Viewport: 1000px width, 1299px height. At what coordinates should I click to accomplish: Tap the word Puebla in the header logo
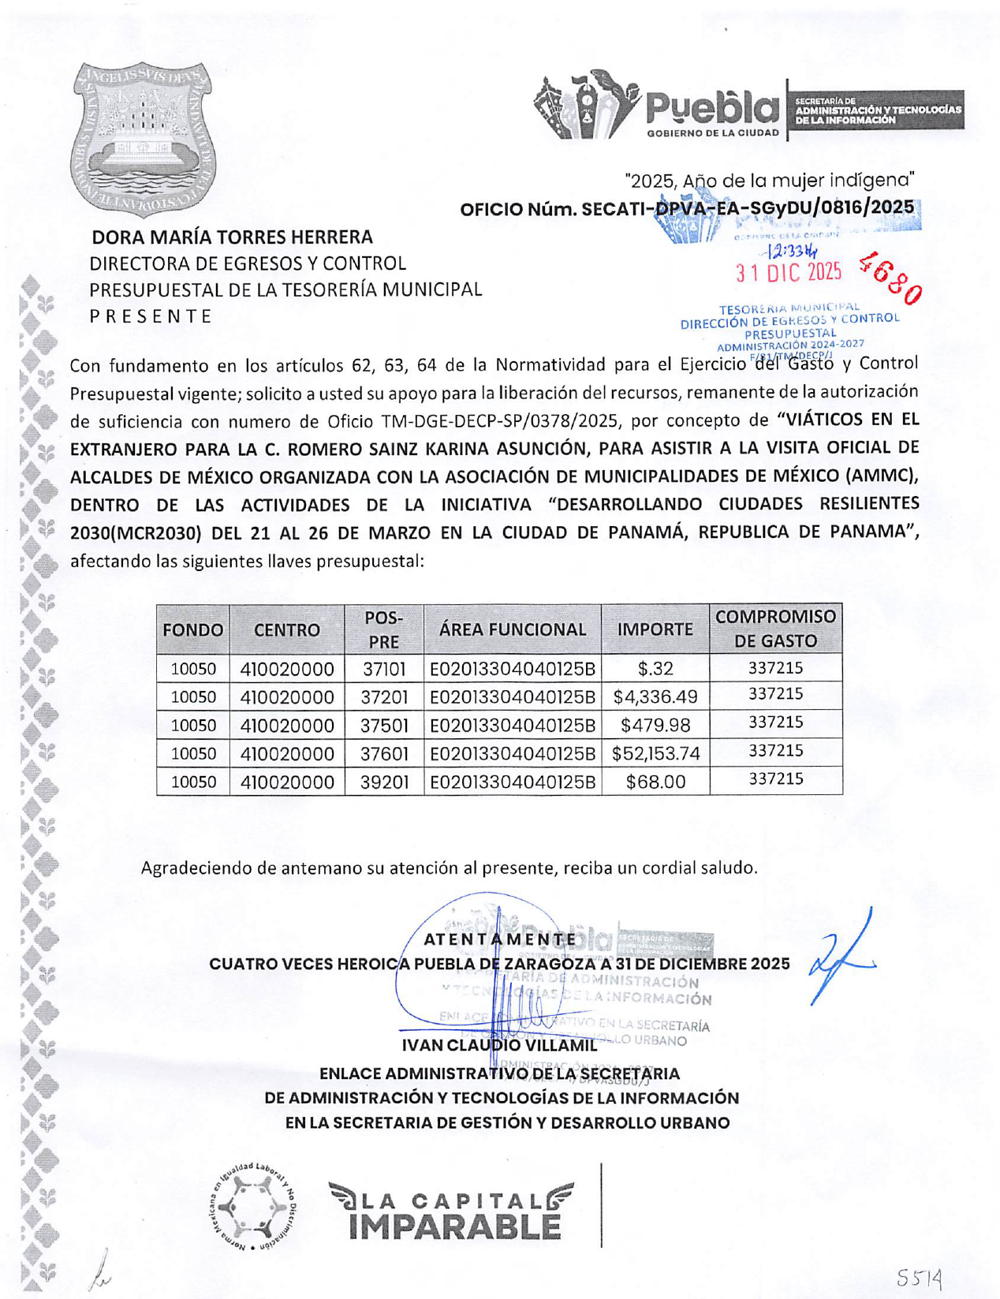click(x=712, y=107)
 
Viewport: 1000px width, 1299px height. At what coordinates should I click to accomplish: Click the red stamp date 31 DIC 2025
click(x=789, y=273)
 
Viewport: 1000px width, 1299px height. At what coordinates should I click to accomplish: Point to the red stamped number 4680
click(x=891, y=278)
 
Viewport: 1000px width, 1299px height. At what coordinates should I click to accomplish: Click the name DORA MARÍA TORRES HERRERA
click(x=233, y=237)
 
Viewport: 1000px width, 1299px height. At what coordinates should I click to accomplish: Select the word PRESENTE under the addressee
click(x=151, y=316)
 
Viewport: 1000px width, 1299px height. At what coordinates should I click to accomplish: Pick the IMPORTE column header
click(x=655, y=629)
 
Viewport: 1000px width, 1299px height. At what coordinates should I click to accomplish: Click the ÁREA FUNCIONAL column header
click(x=512, y=629)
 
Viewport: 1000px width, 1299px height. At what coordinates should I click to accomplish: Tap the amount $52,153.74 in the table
click(x=655, y=754)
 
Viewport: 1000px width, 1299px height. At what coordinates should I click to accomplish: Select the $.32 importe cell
click(x=655, y=669)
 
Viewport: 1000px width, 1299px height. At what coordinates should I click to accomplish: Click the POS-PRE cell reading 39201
click(x=384, y=782)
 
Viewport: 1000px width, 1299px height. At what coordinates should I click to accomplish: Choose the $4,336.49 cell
click(x=655, y=697)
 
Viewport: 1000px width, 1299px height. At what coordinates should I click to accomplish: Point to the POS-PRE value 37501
click(x=384, y=726)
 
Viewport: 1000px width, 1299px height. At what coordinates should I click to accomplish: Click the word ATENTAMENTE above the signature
click(x=500, y=939)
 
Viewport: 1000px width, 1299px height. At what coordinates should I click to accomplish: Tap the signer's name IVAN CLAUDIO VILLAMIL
click(x=499, y=1046)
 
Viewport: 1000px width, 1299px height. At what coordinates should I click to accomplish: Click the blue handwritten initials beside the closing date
click(x=841, y=957)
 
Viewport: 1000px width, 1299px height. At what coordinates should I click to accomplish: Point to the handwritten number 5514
click(x=920, y=1276)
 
